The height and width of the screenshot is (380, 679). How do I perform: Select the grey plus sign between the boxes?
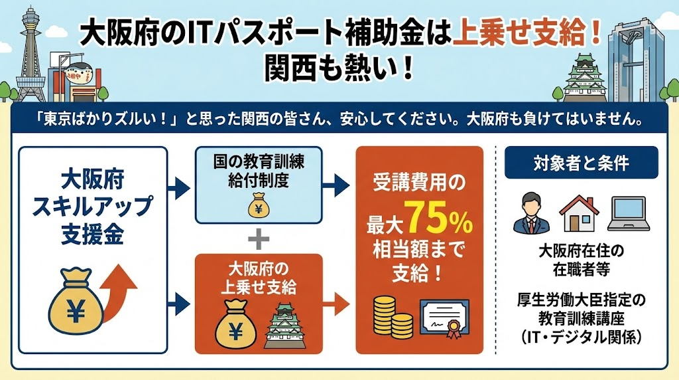[x=259, y=237]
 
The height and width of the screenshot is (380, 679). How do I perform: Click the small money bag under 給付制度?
[x=259, y=207]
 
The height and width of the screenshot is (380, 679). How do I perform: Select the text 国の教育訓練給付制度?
[x=259, y=171]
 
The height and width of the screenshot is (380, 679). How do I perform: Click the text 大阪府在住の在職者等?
[x=581, y=261]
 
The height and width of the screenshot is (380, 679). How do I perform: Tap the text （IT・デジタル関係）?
[x=581, y=337]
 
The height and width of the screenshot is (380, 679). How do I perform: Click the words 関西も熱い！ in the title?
[x=339, y=68]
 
